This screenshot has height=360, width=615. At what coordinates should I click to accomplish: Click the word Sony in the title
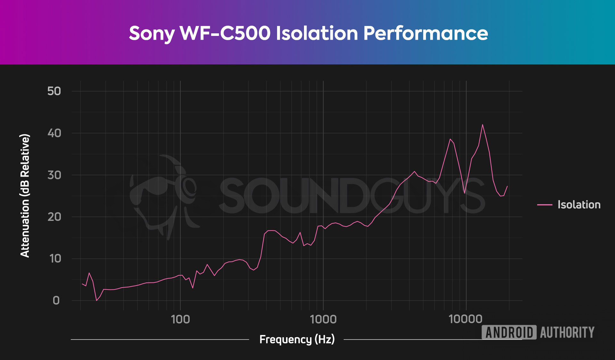point(152,33)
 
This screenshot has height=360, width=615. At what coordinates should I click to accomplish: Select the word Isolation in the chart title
point(317,33)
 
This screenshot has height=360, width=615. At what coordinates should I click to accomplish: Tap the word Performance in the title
point(425,33)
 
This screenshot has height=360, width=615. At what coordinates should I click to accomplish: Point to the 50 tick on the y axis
point(54,91)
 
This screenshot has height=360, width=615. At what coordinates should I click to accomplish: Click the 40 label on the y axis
point(54,133)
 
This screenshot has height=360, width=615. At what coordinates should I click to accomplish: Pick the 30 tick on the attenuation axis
point(54,175)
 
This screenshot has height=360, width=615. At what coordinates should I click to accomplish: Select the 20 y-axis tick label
point(54,217)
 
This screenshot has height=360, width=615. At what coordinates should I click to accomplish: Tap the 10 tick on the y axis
point(55,259)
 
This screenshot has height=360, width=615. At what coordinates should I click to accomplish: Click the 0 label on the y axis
point(56,301)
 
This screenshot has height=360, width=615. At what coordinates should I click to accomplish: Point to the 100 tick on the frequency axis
point(180,319)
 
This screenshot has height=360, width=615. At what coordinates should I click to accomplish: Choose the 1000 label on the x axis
point(323,319)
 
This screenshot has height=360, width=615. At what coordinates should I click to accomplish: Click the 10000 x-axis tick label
point(465,319)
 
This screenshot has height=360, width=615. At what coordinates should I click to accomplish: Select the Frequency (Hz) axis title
point(297,339)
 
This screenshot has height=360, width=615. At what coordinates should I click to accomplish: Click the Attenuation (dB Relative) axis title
point(25,196)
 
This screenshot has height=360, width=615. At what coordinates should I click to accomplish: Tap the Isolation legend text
point(579,205)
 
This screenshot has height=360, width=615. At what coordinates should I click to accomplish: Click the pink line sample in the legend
point(545,205)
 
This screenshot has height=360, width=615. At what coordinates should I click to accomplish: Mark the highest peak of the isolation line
point(482,125)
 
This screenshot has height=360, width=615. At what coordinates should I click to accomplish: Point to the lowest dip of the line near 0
point(96,300)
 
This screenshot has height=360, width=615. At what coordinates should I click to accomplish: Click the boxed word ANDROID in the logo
point(509,332)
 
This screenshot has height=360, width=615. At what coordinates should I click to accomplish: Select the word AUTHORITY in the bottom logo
point(567,332)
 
